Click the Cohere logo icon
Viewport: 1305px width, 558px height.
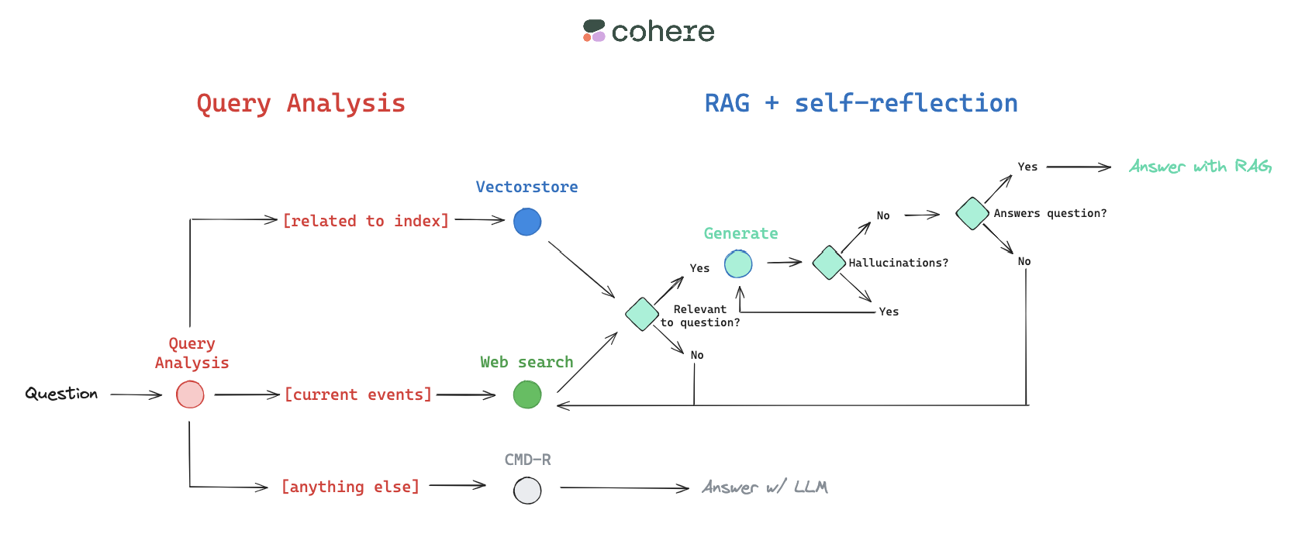tap(594, 31)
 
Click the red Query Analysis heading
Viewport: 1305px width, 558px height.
tap(301, 103)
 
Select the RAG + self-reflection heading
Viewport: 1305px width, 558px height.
tap(861, 103)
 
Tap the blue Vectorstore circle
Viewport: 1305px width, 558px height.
tap(527, 222)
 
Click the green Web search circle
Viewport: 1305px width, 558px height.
tap(527, 394)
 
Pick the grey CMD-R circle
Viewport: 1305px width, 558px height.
tap(527, 490)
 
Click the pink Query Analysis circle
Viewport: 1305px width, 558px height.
tap(190, 394)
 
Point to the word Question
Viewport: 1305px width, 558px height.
tap(61, 394)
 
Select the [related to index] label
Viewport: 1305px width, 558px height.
tap(366, 221)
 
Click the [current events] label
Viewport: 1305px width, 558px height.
tap(357, 394)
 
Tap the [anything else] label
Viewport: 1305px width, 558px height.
tap(350, 487)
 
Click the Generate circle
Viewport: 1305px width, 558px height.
tap(738, 263)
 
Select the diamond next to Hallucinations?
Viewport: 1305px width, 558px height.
tap(829, 263)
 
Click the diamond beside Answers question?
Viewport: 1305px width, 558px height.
tap(972, 213)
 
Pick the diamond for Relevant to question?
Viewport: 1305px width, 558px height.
tap(642, 314)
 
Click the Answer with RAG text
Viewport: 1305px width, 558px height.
tap(1200, 167)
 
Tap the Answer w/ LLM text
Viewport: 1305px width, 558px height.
tap(765, 487)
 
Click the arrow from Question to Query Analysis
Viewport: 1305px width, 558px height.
tap(136, 394)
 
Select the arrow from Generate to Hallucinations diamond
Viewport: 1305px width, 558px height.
tap(784, 263)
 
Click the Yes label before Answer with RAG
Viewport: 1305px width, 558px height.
tap(1027, 167)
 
